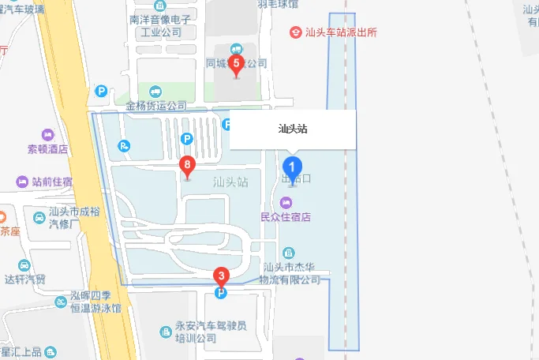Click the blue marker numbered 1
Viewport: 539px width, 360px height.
tap(292, 167)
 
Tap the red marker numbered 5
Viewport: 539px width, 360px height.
tap(236, 63)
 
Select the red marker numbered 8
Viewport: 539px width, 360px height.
tap(187, 166)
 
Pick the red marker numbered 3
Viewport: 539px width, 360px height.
tap(221, 277)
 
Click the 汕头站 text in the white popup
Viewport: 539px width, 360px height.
tap(293, 129)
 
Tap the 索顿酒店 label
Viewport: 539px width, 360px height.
tap(48, 149)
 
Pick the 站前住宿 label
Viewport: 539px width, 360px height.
tap(52, 182)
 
